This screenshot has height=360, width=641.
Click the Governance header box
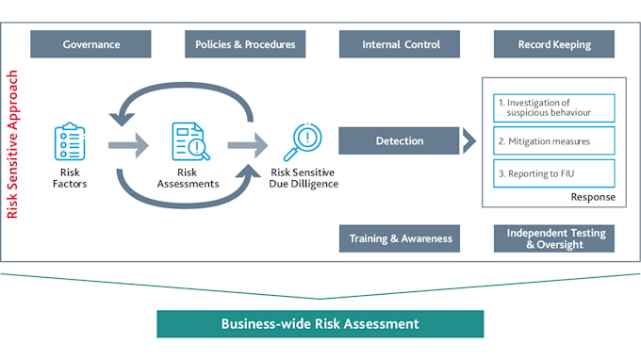pos(90,44)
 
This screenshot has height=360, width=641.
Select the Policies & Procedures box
pos(245,44)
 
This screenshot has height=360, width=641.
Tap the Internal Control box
pos(400,44)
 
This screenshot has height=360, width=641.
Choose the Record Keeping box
pos(554,44)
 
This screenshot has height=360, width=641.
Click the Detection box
pos(400,141)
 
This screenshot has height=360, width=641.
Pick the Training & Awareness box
pos(400,238)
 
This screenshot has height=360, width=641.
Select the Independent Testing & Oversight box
pos(554,238)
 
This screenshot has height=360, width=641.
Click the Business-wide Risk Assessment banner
pos(320,323)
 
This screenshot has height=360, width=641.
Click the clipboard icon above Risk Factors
pos(70,141)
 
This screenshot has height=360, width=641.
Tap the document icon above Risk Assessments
pos(189,141)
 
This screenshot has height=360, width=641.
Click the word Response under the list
pos(592,197)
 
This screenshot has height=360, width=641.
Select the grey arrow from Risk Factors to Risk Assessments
pos(128,145)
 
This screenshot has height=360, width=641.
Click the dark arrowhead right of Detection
pos(468,141)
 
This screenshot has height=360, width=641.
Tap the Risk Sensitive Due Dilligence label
pos(304,178)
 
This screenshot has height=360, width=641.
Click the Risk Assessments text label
pos(189,178)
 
